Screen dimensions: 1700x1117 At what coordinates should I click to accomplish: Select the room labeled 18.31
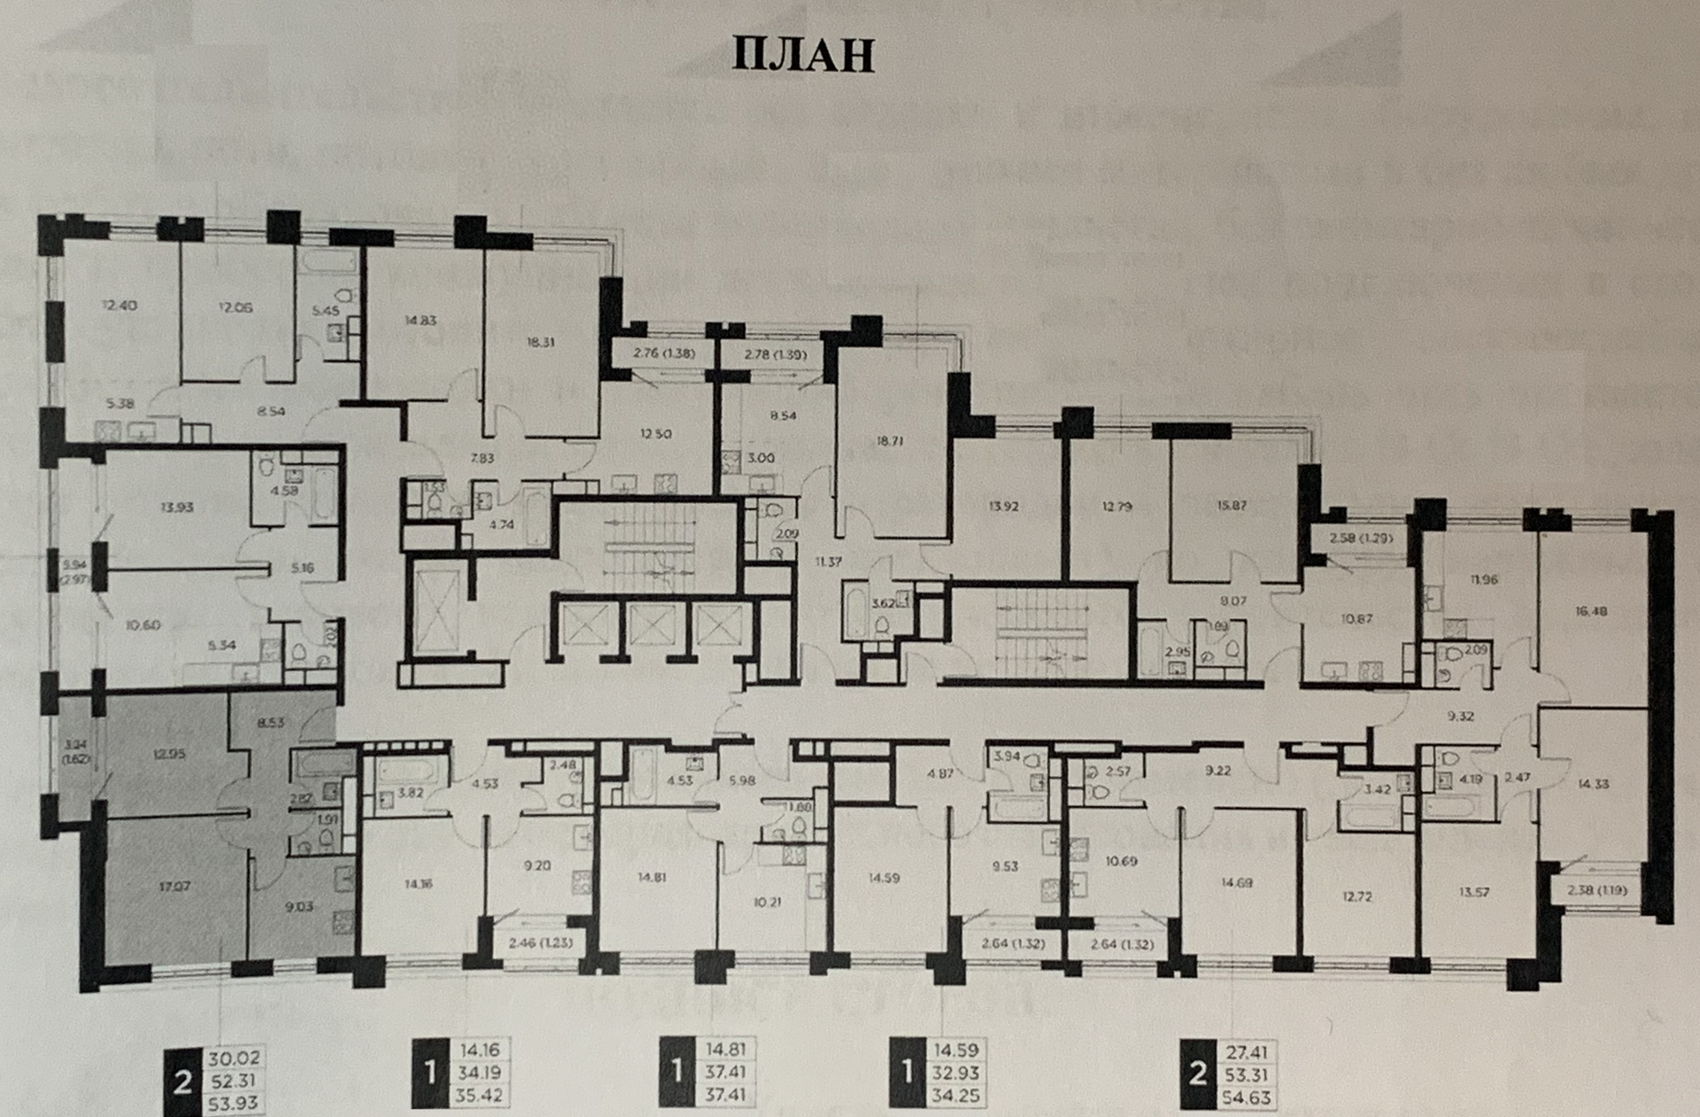(x=540, y=342)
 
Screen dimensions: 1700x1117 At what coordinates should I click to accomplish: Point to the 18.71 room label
(x=892, y=439)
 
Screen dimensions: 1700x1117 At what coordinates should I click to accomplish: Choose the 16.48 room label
(x=1591, y=611)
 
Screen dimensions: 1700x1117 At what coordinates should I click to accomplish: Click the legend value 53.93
(x=235, y=1105)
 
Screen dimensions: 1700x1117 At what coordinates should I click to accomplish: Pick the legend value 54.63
(x=1245, y=1098)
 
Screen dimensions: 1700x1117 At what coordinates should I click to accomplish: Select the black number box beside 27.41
(x=1198, y=1074)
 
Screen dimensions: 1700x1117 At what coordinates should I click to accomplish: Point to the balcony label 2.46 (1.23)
(x=539, y=943)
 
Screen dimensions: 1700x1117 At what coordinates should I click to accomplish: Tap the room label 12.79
(x=1117, y=508)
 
